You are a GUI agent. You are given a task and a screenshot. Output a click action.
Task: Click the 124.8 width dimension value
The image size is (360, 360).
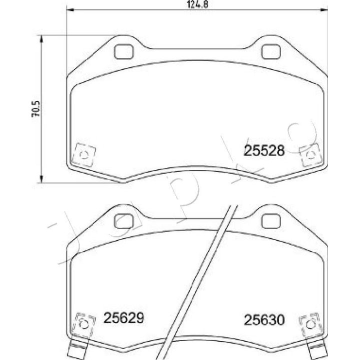click(197, 4)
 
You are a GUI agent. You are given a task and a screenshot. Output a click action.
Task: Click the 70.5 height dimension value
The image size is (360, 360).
click(36, 109)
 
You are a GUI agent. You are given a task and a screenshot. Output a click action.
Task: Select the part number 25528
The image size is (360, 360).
click(264, 151)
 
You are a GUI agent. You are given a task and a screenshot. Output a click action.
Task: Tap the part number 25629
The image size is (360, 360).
click(124, 318)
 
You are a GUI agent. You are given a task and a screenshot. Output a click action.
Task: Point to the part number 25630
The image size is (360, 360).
click(264, 320)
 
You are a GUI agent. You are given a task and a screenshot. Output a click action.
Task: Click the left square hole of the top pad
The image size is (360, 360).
click(124, 51)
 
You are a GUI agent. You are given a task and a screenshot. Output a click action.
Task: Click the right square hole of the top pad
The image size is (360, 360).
click(271, 51)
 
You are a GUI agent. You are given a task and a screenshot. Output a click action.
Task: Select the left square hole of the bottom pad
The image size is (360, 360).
click(124, 221)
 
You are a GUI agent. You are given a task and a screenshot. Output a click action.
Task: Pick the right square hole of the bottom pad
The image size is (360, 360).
click(271, 221)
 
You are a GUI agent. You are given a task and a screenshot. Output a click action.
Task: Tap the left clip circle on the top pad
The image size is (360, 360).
click(84, 154)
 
